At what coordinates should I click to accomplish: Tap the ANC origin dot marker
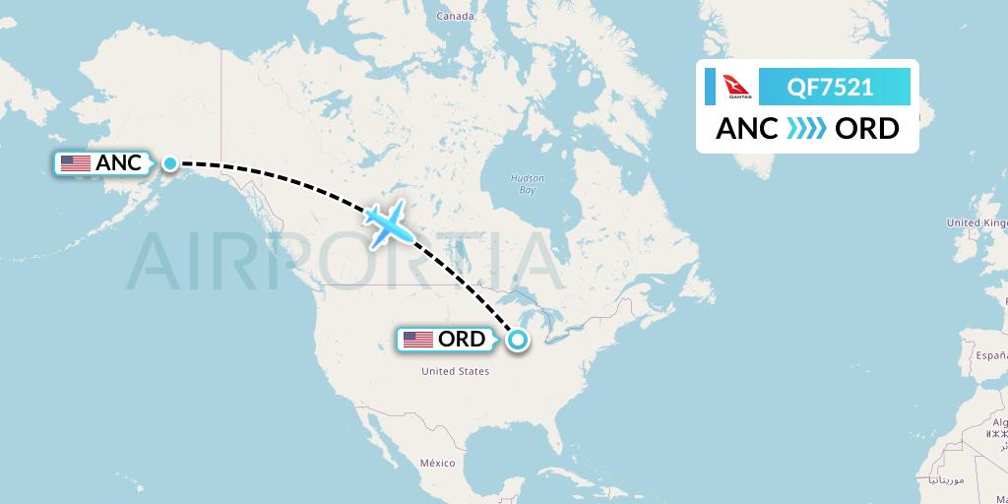click(170, 163)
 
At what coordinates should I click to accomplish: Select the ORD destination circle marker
click(517, 341)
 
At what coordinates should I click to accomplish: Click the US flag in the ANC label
click(76, 163)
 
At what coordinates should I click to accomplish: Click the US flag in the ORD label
click(418, 340)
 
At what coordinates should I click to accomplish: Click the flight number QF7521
click(830, 88)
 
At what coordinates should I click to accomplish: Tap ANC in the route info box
click(746, 129)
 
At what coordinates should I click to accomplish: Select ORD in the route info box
click(866, 129)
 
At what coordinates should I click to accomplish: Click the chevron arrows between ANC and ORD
click(806, 129)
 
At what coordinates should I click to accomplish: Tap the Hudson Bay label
click(528, 184)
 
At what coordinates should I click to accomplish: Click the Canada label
click(455, 17)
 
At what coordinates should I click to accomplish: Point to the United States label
click(455, 371)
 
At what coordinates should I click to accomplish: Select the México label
click(437, 463)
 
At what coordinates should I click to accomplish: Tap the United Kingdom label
click(977, 223)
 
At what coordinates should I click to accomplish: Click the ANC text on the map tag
click(118, 163)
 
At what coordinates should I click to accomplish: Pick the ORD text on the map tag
click(462, 340)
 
